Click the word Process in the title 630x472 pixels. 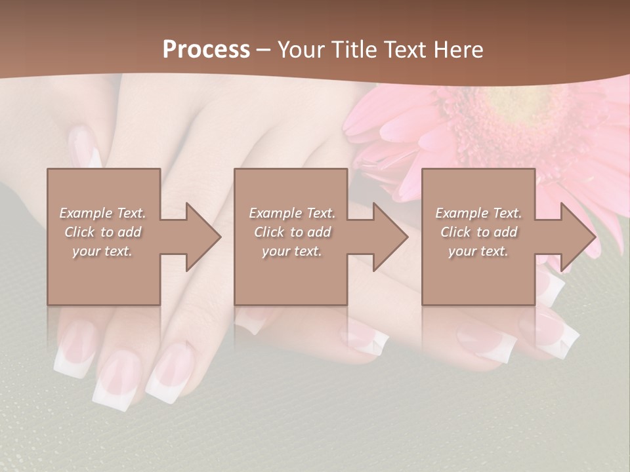[x=206, y=50]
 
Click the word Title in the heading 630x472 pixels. [x=351, y=50]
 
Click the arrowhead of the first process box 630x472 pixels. [x=200, y=237]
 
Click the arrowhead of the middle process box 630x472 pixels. [x=388, y=237]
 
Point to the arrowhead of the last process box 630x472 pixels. [x=576, y=237]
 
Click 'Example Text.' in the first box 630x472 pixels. [x=102, y=213]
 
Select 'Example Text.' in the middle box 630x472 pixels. [x=292, y=213]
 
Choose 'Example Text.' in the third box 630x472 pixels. [x=478, y=213]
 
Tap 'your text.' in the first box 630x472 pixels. [x=102, y=251]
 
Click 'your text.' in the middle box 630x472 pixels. [x=292, y=251]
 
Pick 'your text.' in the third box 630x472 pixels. [x=478, y=251]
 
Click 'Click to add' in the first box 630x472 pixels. [x=102, y=232]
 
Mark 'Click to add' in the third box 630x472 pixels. [x=478, y=232]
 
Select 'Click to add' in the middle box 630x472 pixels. [x=292, y=232]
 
